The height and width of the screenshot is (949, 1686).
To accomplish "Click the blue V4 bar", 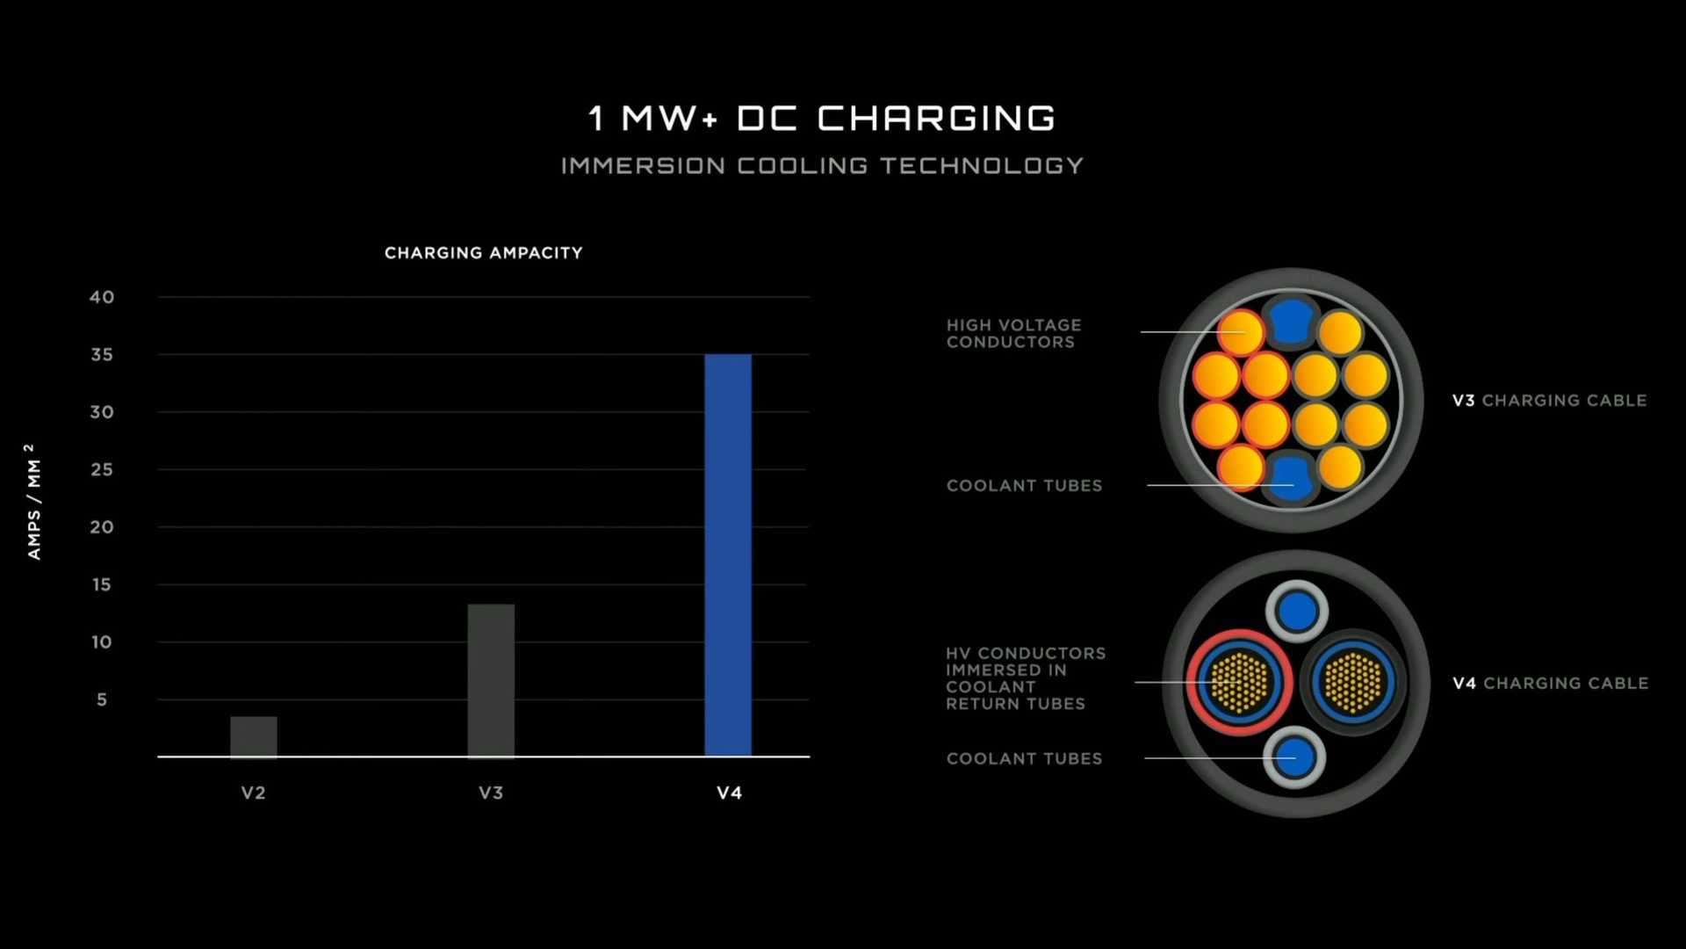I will tap(728, 555).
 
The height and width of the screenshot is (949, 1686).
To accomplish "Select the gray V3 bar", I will tap(491, 680).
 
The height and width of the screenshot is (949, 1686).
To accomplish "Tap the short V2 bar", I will tap(254, 736).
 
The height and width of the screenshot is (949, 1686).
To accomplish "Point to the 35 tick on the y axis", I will tap(102, 355).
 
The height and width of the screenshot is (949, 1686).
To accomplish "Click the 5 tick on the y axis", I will tap(102, 700).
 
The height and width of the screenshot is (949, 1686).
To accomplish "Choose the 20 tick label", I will tap(102, 527).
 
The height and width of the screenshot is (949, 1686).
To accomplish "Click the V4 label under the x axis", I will tap(729, 793).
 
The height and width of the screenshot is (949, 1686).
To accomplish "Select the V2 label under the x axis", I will tap(254, 793).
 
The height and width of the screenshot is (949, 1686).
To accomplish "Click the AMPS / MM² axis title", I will tap(32, 502).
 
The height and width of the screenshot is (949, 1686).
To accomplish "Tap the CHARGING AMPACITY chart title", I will tap(484, 253).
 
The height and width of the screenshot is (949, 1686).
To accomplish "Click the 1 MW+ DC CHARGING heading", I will tap(822, 119).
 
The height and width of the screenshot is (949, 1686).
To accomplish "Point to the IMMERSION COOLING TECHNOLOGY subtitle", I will tap(822, 166).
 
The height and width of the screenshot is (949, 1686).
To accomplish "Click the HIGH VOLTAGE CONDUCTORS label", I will tap(1013, 334).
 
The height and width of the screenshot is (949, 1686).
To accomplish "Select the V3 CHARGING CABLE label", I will tap(1549, 401).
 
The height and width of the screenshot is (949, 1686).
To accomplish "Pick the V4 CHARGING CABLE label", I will tap(1550, 684).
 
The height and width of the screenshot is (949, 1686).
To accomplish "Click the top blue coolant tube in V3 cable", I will tap(1291, 322).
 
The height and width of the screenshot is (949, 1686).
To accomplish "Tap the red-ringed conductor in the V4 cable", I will tap(1239, 682).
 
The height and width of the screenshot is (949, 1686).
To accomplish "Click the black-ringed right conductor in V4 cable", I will tap(1353, 682).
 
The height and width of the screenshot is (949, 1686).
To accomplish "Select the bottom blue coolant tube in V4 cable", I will tap(1294, 757).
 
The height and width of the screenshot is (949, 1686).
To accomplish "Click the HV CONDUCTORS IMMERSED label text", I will tap(1025, 678).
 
